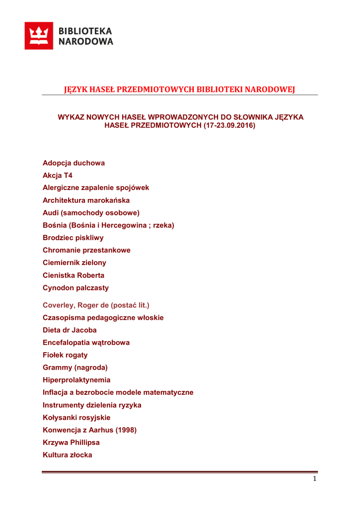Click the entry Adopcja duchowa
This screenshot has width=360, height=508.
pos(73,163)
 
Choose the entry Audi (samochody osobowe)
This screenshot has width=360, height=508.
pos(91,213)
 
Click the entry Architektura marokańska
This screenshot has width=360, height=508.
pos(86,200)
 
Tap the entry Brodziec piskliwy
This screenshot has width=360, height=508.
pos(73,238)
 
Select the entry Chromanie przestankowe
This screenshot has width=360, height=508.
pos(86,250)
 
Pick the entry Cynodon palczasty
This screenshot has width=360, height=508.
pos(75,288)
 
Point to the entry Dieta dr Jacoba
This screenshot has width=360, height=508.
pos(70,330)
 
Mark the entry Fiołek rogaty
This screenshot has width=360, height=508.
pos(65,355)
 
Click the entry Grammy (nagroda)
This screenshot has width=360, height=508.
pos(75,368)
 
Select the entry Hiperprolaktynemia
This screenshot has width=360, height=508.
pos(76,380)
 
